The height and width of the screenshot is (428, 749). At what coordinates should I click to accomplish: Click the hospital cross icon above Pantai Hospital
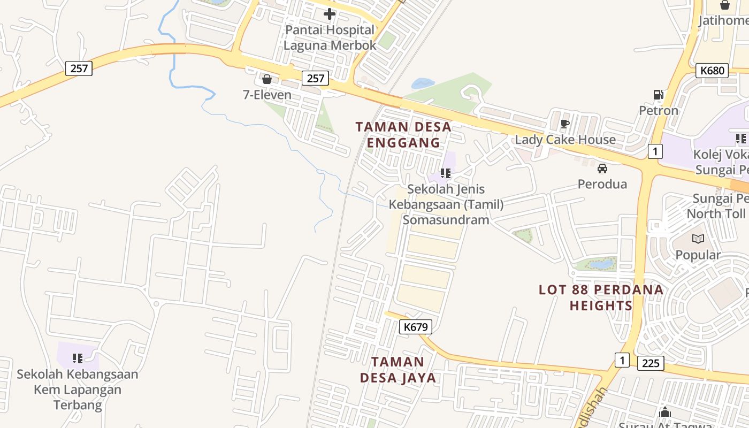pos(330,14)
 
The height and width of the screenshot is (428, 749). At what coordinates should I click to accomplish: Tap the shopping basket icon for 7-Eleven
pos(267,79)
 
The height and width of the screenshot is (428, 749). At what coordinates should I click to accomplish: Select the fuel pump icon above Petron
pos(658,95)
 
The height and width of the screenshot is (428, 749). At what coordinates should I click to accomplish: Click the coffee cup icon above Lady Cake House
pos(564,124)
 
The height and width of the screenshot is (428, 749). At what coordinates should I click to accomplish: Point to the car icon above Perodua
pos(602,169)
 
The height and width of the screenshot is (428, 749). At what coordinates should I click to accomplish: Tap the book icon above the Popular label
pos(698,239)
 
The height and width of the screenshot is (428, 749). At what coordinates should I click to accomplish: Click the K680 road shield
pos(712,71)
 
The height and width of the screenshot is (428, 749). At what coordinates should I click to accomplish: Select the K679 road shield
pos(415,327)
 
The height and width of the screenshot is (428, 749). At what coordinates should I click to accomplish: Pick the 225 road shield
pos(651,363)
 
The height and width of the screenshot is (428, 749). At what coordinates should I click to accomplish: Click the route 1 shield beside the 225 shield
pos(621,360)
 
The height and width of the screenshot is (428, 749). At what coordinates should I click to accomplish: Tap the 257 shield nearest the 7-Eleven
pos(315,78)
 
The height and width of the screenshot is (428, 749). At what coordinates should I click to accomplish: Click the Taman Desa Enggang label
pos(404,135)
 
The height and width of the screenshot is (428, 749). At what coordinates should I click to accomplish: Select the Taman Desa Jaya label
pos(398,370)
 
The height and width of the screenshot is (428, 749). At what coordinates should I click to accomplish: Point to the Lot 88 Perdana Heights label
pos(601,297)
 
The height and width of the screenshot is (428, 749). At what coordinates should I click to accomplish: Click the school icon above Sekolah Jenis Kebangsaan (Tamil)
pos(446,173)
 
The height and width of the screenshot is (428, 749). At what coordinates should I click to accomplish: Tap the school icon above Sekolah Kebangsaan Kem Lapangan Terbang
pos(78,358)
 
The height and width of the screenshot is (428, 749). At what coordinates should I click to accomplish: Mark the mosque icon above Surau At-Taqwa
pos(665,412)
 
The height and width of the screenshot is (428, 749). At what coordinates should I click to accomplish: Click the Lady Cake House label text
pos(565,140)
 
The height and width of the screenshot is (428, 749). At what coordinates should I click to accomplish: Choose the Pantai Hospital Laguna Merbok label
pos(330,37)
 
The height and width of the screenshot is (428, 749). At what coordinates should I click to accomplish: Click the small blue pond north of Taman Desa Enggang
pos(423,83)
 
